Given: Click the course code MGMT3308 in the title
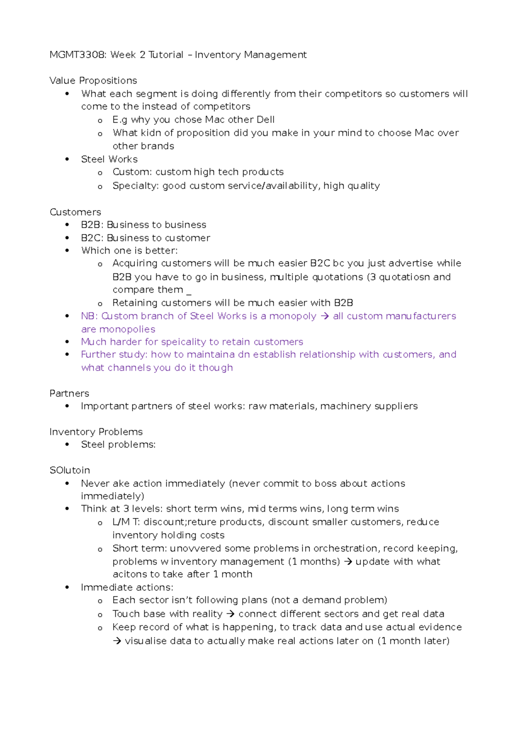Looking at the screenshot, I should [77, 55].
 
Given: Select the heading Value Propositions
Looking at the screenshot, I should [93, 81].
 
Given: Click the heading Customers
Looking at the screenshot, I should [75, 212].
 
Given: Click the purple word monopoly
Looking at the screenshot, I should [292, 316].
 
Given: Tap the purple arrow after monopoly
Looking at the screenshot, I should [325, 316].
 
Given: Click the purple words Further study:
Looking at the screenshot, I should [114, 355].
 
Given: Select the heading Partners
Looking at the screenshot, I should [69, 393].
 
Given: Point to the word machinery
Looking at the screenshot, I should [345, 406].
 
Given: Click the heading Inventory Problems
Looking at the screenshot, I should [96, 432].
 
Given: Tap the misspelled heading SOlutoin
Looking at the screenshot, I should [70, 470].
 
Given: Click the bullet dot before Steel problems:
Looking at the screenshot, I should [67, 445].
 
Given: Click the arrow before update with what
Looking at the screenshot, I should [348, 562].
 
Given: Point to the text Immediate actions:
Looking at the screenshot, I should [127, 587].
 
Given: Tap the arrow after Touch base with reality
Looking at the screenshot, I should [231, 614].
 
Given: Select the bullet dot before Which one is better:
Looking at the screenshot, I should [67, 251].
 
